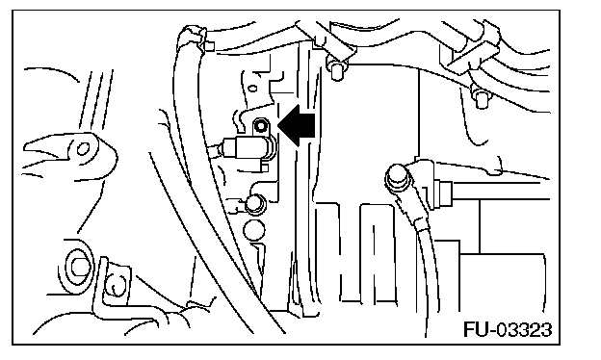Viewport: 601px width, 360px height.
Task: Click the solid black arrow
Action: [297, 125]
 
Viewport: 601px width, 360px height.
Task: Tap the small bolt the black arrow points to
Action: [261, 125]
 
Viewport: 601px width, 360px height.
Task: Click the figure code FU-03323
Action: [508, 329]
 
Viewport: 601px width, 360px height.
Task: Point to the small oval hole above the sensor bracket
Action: [253, 89]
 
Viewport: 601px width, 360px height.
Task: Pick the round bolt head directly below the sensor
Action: [254, 204]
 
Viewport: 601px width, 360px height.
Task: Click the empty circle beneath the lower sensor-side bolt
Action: [253, 231]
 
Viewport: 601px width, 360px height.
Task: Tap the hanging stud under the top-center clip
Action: [336, 70]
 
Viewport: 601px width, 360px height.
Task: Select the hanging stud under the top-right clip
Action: [480, 99]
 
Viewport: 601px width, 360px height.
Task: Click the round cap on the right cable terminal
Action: [396, 177]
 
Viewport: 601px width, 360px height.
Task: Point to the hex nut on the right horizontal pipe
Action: [446, 193]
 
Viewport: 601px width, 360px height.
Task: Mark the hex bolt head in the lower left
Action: [79, 267]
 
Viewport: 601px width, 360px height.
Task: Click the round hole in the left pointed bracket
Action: [83, 148]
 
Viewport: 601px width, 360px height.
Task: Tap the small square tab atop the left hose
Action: [209, 46]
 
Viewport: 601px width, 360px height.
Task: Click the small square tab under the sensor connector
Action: [265, 167]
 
